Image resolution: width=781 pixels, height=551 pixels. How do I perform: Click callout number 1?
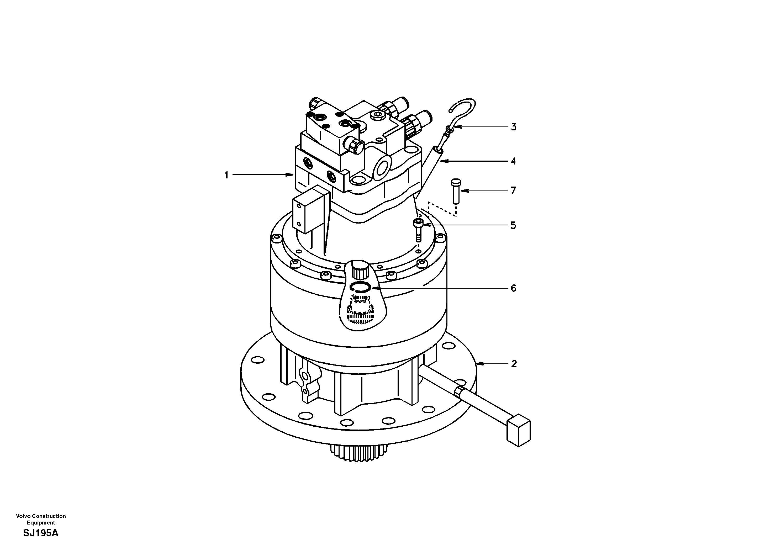(226, 175)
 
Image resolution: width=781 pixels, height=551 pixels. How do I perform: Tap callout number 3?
(514, 127)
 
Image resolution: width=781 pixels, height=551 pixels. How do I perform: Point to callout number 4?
(513, 161)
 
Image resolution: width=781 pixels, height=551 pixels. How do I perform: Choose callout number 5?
(513, 225)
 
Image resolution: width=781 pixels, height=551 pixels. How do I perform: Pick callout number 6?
(513, 288)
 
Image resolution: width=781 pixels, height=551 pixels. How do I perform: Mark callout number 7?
(514, 190)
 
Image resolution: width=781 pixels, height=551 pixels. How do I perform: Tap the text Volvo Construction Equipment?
(41, 519)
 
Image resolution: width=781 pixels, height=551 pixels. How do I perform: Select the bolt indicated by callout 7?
(455, 192)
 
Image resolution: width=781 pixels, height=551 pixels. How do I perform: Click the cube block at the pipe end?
(518, 433)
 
